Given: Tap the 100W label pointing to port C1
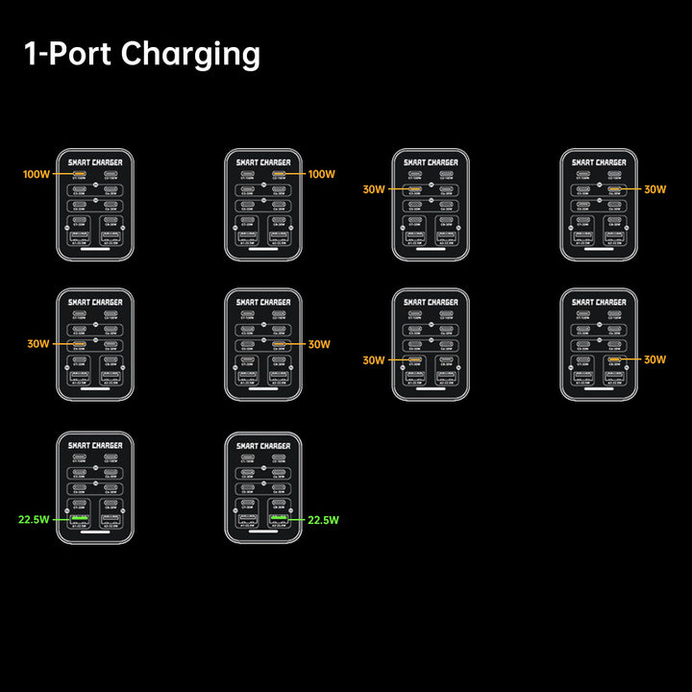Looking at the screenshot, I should click(37, 175).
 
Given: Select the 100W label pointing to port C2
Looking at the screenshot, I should click(322, 175).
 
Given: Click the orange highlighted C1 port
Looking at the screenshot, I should click(80, 175).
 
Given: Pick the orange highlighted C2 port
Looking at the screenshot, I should click(279, 175).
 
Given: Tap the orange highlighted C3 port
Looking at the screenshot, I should click(415, 189).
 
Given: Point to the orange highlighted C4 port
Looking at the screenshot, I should click(614, 189).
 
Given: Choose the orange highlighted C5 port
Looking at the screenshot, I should click(80, 343).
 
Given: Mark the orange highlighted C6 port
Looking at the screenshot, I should click(279, 343).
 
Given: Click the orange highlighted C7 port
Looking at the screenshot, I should click(415, 359).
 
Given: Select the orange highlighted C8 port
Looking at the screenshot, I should click(614, 359).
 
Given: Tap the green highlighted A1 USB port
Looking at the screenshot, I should click(80, 520).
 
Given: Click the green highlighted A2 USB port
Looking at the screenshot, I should click(279, 520).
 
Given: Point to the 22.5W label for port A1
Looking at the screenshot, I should click(34, 520).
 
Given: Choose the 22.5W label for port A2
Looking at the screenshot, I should click(324, 520).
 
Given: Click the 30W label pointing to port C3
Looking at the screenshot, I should click(374, 189).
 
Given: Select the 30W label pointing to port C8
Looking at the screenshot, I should click(655, 359).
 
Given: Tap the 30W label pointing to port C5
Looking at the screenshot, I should click(38, 343).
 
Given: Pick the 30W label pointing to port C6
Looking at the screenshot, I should click(320, 343).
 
